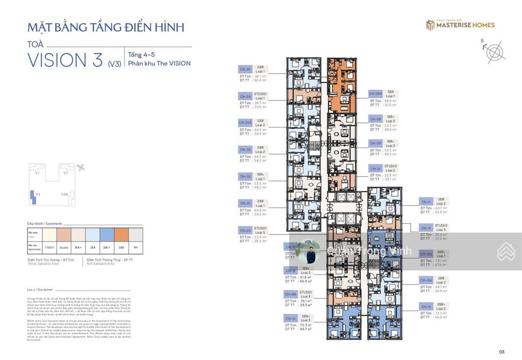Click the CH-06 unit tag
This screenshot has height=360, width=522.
click(x=245, y=69)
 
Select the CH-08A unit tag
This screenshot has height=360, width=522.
click(x=376, y=94)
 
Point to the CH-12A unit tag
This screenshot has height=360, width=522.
click(x=426, y=254)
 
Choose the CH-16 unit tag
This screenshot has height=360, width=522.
click(x=291, y=318)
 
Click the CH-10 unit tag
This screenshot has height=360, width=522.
click(x=375, y=168)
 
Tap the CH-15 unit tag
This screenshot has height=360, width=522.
click(x=426, y=306)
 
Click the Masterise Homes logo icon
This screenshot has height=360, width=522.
click(x=430, y=25)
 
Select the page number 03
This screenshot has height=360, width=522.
click(x=502, y=351)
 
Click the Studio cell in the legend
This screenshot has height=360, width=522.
click(x=64, y=247)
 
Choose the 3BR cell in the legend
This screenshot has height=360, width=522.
click(x=121, y=247)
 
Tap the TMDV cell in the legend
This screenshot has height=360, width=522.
click(x=49, y=247)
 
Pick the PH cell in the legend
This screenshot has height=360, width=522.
click(x=135, y=247)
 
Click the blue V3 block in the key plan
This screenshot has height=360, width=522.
click(x=34, y=198)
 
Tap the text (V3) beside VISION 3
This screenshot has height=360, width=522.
click(x=114, y=64)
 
